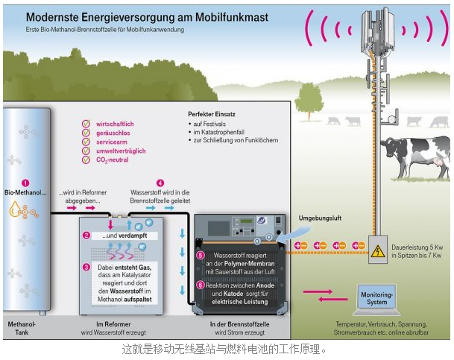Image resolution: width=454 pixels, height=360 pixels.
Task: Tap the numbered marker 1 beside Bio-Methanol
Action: point(25,183)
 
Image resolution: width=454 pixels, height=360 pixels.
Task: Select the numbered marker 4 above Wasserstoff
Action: point(160,183)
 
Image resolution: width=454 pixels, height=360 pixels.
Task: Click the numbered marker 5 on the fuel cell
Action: point(200,255)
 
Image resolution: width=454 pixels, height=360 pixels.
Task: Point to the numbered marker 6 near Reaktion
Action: point(200,284)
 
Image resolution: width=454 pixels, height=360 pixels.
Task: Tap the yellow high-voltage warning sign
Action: point(378,250)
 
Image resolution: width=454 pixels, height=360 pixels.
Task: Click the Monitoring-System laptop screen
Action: point(376,296)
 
